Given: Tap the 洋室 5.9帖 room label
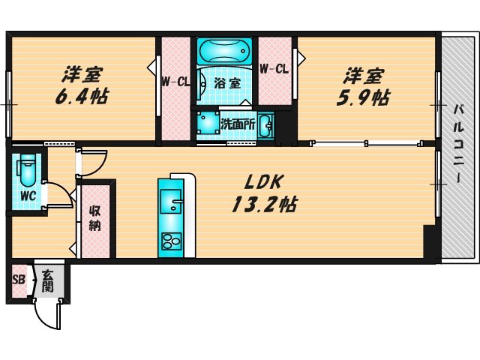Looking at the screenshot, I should tap(365, 86).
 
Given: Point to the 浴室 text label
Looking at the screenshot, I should tap(228, 83).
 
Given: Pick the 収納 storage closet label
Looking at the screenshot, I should tap(96, 218).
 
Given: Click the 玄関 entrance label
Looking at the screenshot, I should tap(48, 281).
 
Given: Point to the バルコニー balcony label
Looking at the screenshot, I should tap(457, 147).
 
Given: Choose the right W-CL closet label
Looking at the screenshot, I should tap(274, 69).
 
